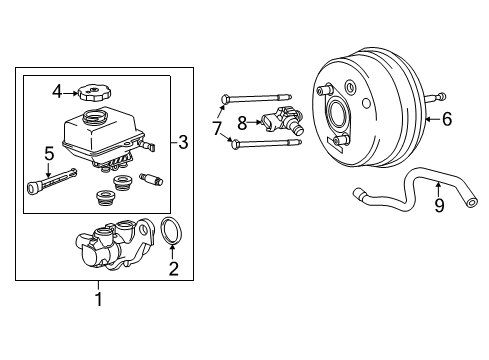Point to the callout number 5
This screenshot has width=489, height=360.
[48, 153]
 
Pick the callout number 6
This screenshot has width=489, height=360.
[447, 120]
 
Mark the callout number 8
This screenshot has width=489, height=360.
[242, 123]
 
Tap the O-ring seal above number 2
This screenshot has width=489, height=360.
[170, 232]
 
